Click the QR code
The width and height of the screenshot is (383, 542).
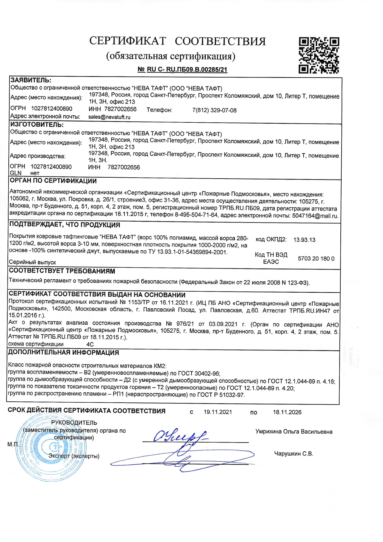(x=319, y=55)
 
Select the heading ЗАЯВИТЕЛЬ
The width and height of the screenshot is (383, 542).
(x=31, y=80)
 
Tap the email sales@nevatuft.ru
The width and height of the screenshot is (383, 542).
(x=109, y=117)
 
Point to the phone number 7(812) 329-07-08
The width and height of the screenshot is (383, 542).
(x=214, y=110)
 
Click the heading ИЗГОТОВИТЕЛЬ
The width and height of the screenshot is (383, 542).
(x=37, y=125)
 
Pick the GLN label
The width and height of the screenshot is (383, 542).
(x=15, y=173)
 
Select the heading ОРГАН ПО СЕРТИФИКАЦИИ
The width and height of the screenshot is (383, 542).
(x=53, y=181)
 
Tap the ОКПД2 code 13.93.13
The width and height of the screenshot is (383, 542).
(x=304, y=240)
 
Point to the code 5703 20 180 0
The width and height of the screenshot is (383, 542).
(x=316, y=259)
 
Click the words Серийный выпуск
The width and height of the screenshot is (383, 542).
(x=32, y=262)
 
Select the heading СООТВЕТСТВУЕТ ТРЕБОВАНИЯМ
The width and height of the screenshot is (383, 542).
(x=62, y=271)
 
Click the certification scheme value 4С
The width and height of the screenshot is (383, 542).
(x=90, y=344)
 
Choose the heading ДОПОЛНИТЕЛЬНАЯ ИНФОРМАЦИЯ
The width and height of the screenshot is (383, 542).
(x=63, y=353)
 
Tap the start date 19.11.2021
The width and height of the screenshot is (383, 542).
(x=218, y=412)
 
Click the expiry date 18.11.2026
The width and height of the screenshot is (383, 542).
(x=287, y=412)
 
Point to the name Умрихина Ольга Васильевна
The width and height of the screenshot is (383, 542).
(x=294, y=432)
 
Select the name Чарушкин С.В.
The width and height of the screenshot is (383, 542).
(x=293, y=454)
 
